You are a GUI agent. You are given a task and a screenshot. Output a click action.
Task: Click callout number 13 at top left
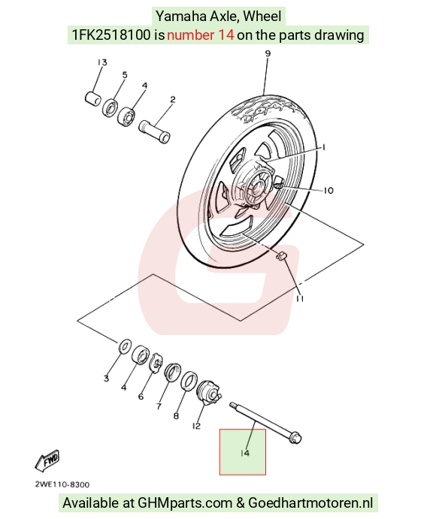pos(102,62)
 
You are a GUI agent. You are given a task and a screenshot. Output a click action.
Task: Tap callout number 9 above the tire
pos(268,53)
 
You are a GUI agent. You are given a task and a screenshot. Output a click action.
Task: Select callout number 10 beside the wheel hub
pos(329,191)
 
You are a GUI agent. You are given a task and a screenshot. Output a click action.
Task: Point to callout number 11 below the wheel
pos(300,299)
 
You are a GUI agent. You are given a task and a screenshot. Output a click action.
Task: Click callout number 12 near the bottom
pos(196,426)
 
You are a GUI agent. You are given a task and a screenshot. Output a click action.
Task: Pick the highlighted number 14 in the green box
pos(244,453)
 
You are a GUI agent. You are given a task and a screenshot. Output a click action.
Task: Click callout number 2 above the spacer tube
pos(173,99)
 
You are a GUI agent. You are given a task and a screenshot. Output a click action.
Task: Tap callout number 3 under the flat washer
pos(106,378)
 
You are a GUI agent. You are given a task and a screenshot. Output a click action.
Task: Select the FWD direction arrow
pos(47,460)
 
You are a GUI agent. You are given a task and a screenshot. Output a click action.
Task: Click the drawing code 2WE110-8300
pos(62,484)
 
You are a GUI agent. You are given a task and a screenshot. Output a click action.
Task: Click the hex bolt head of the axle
pos(295,438)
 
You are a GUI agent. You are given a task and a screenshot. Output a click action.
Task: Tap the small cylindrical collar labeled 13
pos(92,98)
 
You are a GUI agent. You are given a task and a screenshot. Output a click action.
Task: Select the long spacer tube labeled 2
pos(154,131)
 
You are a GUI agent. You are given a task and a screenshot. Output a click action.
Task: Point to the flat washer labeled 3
pos(125,346)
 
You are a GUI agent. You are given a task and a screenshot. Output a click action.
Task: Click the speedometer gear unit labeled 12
pos(208,391)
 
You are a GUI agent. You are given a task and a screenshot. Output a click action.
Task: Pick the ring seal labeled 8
pos(189,380)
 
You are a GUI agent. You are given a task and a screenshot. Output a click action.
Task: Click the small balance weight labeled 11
pos(281,256)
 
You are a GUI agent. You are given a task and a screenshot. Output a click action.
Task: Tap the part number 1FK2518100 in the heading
pos(111,35)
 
